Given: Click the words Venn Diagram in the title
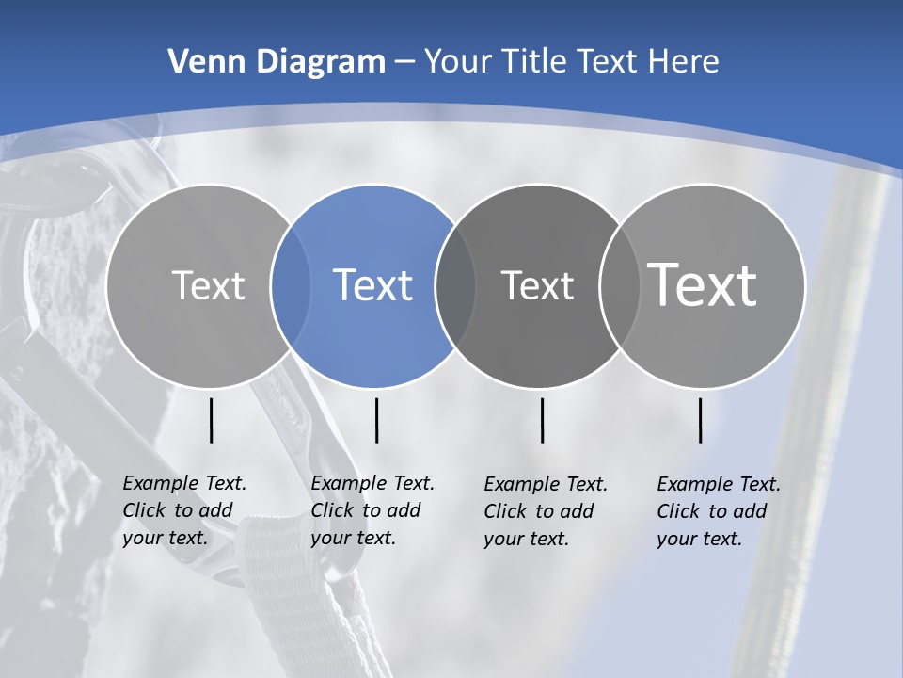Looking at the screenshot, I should click(277, 62).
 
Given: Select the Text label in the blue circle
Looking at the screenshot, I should click(373, 285).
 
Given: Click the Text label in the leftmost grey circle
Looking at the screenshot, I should click(208, 285).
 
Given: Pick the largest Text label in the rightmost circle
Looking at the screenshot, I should click(703, 284).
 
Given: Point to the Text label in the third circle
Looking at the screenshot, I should click(537, 285).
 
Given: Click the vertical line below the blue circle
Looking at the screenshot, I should click(376, 420).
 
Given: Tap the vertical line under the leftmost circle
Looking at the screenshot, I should click(212, 420).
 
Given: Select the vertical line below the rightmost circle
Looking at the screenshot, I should click(701, 420).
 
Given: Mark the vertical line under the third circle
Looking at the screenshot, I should click(543, 420).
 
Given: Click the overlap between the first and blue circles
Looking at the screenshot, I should click(291, 285).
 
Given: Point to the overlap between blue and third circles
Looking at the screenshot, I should click(455, 285).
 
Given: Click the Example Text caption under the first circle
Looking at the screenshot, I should click(183, 510).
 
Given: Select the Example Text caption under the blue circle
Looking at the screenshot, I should click(372, 510).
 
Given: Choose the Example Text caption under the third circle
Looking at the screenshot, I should click(545, 511).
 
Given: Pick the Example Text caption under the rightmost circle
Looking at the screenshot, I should click(718, 511).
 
